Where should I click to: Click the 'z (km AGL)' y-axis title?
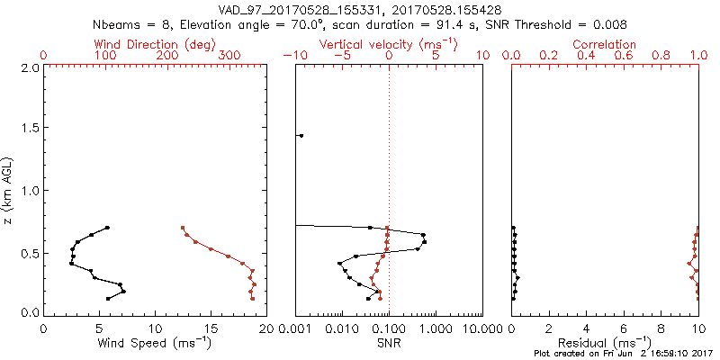[x=12, y=190]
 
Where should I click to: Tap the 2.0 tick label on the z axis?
[x=28, y=67]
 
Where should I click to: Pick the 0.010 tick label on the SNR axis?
[x=341, y=328]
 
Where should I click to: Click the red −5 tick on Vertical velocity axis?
[x=341, y=56]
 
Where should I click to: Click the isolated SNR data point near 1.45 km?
[x=301, y=136]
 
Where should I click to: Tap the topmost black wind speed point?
[x=107, y=228]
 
